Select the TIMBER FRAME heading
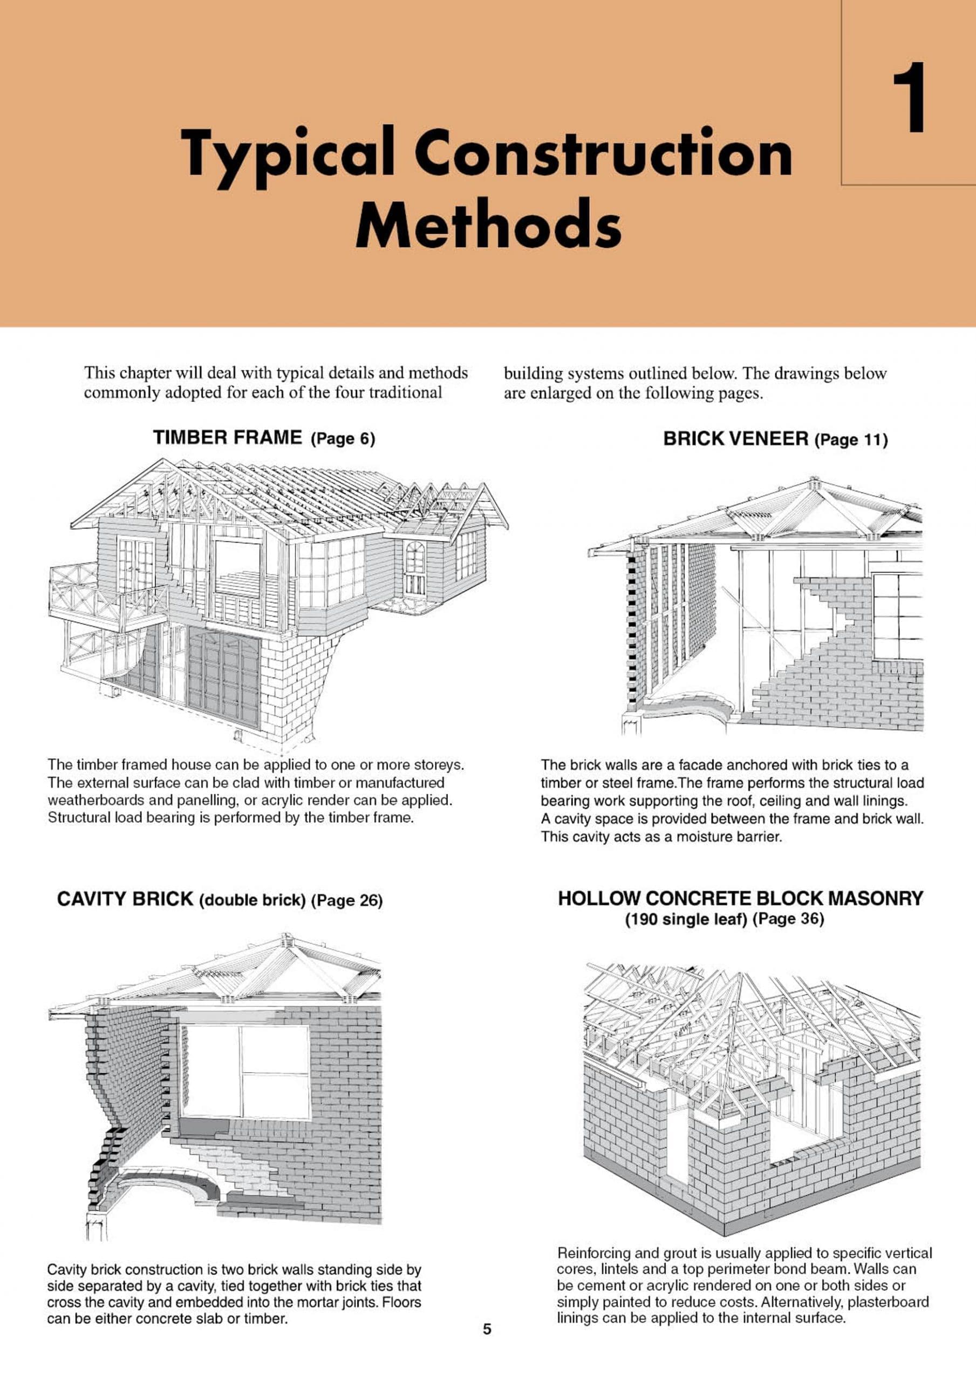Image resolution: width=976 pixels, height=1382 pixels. click(x=228, y=438)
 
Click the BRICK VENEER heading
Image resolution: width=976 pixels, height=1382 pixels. click(x=735, y=439)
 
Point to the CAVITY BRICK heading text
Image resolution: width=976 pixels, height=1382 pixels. click(x=125, y=899)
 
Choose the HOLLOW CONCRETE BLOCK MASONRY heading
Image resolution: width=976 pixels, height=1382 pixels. click(x=740, y=898)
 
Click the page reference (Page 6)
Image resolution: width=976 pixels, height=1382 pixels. click(x=343, y=439)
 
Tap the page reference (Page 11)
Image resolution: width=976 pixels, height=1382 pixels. click(x=851, y=440)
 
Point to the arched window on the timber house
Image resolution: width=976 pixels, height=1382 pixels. click(x=414, y=566)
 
